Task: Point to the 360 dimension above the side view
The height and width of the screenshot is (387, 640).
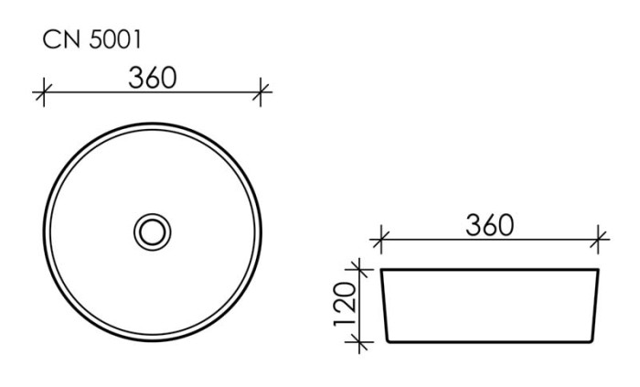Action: point(489,225)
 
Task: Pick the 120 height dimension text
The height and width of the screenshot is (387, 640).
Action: point(343,305)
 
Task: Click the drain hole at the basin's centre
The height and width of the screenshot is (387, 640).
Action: point(152,231)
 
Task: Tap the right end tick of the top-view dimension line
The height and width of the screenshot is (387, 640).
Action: point(262,91)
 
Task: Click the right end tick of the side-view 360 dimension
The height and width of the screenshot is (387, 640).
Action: point(600,241)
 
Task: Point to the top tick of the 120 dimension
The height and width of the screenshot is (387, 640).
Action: point(361,269)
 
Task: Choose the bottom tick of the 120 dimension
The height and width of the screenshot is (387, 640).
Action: point(361,341)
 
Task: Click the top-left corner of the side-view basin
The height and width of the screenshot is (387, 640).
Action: point(381,270)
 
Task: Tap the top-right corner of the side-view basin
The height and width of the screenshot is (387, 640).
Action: point(600,270)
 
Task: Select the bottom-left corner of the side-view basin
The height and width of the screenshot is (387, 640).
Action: point(389,340)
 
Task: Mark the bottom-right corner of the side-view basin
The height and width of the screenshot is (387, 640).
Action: point(592,340)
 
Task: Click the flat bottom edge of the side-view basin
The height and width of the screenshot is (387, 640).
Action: point(490,341)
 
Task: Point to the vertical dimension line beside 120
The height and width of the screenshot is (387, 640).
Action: point(361,305)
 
